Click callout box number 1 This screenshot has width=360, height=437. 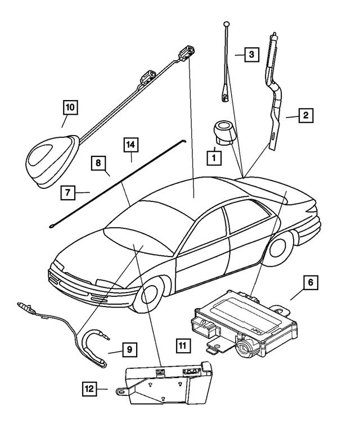pos(213,158)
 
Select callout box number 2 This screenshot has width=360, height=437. pos(305,116)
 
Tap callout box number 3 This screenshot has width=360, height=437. pos(251,55)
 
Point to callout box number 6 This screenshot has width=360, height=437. pos(310,282)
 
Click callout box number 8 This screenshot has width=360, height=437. pos(98,164)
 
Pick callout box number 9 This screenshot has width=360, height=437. pos(129,350)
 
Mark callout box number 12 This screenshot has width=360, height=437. pos(88,388)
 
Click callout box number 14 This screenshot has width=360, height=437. pos(130,145)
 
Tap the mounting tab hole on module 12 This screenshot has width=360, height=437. pos(120,390)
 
